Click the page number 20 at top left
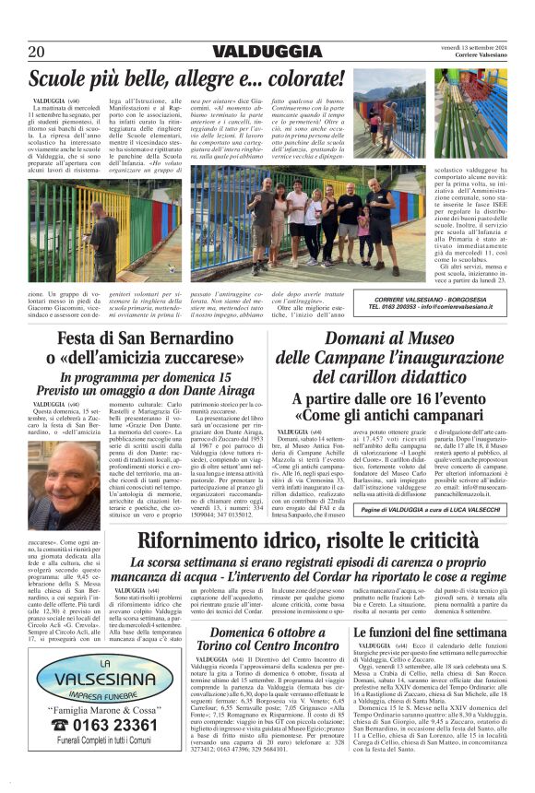click(37, 53)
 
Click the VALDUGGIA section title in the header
click(267, 53)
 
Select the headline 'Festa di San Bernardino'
click(139, 340)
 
